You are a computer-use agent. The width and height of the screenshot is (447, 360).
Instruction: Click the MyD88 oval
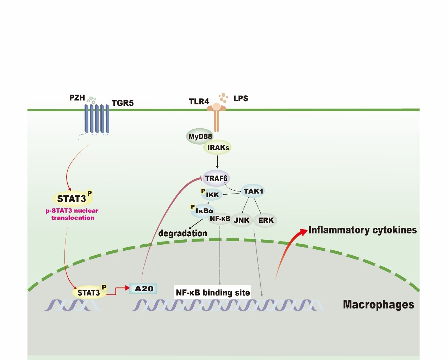200,136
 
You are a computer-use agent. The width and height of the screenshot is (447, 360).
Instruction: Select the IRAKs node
218,147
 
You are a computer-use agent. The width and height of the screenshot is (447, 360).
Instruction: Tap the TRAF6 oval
216,178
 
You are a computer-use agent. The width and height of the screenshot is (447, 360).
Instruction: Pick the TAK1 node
253,191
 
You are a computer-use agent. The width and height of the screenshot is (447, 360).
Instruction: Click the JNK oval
242,220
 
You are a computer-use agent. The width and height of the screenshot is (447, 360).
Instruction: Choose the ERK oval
266,220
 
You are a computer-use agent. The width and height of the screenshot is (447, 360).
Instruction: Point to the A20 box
143,289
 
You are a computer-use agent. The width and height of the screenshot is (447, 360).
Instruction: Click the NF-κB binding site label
212,293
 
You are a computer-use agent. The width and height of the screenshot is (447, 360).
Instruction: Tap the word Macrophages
378,304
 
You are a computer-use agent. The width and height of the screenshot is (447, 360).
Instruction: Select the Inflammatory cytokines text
362,230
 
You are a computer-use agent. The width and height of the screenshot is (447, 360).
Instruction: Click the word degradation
182,233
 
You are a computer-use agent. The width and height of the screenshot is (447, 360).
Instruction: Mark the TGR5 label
123,103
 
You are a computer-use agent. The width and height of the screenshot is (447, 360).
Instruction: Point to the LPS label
241,98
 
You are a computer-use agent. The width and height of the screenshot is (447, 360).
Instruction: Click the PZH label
77,98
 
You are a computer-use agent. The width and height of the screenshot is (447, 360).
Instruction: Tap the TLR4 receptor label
199,102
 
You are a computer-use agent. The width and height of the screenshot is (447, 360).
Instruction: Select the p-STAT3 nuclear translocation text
72,214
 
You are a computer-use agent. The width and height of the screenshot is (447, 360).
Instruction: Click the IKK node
212,195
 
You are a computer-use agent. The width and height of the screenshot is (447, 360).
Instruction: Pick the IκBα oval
204,211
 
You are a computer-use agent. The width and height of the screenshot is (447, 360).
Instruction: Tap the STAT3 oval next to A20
89,293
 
